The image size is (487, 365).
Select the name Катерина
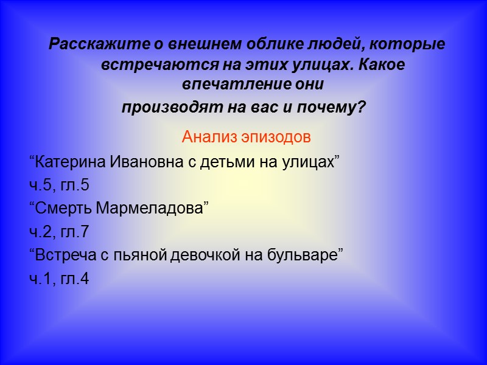pos(68,163)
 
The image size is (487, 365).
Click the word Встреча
pos(65,254)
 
